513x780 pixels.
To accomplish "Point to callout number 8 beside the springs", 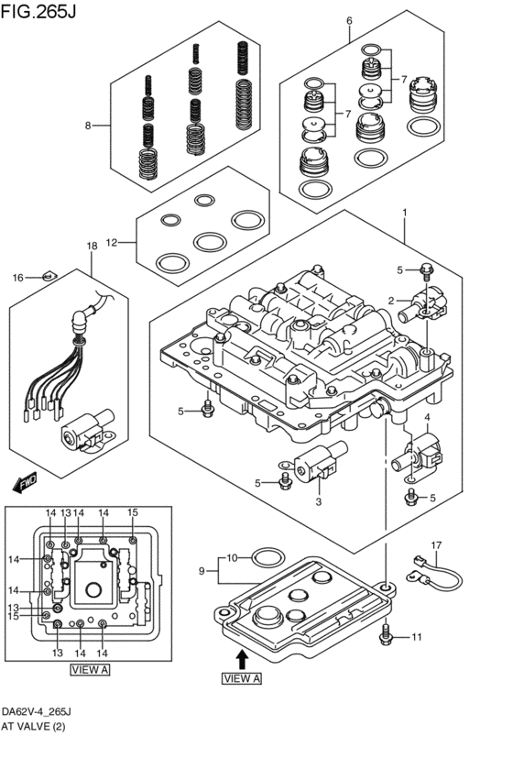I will (x=88, y=126).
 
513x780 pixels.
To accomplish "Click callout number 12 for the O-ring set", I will (x=112, y=243).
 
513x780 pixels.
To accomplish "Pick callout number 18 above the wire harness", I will (x=91, y=247).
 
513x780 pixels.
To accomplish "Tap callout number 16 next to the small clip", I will (x=17, y=277).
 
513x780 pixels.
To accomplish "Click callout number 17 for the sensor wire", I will (x=437, y=545).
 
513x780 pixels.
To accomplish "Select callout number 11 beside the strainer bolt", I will (x=417, y=636).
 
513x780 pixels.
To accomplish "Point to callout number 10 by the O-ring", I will (x=232, y=557).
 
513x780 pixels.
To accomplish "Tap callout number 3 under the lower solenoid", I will (x=318, y=501).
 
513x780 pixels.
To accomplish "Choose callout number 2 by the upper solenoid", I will (x=391, y=301).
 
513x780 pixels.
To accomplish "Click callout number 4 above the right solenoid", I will (x=426, y=417).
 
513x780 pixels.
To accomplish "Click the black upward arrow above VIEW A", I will (x=241, y=658).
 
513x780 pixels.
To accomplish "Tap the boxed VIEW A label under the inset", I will (x=90, y=670).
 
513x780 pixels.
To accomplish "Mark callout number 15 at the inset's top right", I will (x=132, y=512).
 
